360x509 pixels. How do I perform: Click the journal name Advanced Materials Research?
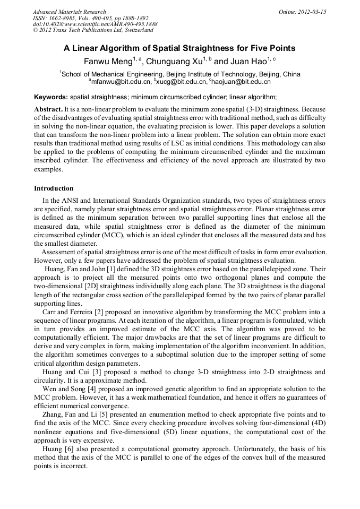(x=70, y=12)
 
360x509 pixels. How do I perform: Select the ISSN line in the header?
(x=91, y=18)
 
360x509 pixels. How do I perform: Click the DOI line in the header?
(x=95, y=24)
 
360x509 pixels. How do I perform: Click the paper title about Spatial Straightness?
(x=179, y=48)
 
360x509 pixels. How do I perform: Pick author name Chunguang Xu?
(x=173, y=62)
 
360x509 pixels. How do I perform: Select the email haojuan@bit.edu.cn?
(x=241, y=82)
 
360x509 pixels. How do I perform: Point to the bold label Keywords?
(x=51, y=97)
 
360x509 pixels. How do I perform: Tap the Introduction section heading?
(x=54, y=188)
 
